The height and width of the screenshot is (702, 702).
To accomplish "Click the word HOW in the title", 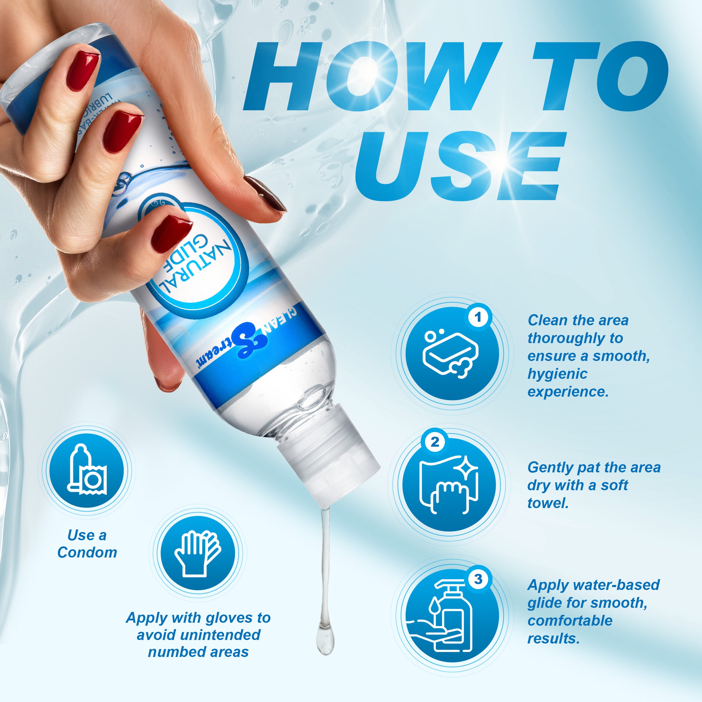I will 371,76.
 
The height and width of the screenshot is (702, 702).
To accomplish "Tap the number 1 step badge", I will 479,317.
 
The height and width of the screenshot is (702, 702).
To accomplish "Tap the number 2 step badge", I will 435,442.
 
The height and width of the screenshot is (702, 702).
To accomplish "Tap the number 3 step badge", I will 478,579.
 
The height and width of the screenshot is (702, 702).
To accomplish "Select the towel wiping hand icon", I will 449,485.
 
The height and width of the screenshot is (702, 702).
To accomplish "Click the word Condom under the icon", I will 87,553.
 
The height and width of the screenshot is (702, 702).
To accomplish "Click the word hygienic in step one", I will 557,374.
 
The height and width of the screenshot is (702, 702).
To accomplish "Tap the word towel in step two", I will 548,503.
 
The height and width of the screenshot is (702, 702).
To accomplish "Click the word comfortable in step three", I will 570,621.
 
